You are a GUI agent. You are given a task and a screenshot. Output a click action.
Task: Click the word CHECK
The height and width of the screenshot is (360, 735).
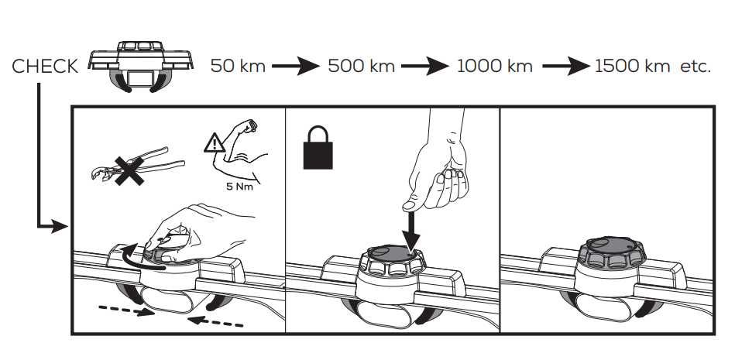tap(45, 67)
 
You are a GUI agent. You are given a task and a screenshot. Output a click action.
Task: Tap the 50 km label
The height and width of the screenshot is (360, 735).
tap(238, 66)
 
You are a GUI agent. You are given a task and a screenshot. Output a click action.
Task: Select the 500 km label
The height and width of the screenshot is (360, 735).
tap(361, 66)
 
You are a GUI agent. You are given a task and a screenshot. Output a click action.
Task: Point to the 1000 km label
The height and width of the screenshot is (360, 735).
tap(495, 66)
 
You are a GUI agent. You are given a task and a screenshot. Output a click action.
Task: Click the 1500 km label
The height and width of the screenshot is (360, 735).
tap(632, 66)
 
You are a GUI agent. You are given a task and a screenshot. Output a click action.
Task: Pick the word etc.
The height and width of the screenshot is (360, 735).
tap(696, 67)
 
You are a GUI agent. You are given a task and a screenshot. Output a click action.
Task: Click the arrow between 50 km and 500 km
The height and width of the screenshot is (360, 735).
tap(296, 66)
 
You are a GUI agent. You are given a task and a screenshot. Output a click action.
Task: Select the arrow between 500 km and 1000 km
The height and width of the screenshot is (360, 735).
tap(424, 66)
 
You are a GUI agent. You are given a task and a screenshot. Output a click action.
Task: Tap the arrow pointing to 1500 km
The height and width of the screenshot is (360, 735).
tap(566, 66)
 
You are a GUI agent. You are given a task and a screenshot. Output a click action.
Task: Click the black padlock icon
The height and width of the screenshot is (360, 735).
tap(318, 147)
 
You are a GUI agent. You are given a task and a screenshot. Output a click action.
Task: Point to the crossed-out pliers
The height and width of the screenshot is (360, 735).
tap(138, 166)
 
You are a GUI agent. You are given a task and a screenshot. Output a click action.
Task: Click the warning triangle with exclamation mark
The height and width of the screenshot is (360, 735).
tap(215, 143)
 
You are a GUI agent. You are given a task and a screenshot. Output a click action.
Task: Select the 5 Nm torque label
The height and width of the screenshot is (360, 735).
tap(239, 187)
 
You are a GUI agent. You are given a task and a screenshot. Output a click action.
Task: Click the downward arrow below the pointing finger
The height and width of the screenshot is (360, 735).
tap(410, 231)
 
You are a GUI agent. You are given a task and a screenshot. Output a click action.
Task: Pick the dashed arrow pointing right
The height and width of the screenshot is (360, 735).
tap(126, 310)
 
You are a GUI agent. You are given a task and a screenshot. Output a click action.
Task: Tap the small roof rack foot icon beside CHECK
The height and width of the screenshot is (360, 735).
tap(141, 66)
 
